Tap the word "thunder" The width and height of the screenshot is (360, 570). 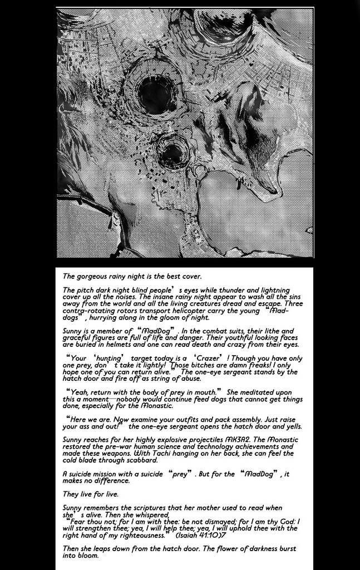click(x=234, y=291)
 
